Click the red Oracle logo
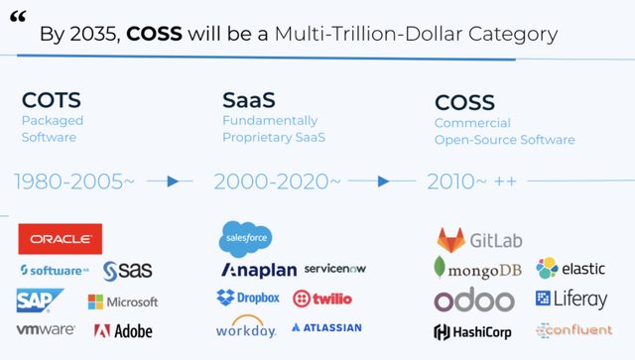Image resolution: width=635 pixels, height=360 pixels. point(60,239)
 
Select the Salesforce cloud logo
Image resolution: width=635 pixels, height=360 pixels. point(245,238)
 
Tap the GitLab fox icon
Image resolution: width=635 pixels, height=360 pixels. point(452,240)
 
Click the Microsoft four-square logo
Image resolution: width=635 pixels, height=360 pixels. point(96,301)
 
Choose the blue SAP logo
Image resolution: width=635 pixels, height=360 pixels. point(40,300)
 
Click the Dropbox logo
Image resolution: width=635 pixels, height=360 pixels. point(248,298)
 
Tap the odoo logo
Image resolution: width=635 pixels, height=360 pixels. point(474,300)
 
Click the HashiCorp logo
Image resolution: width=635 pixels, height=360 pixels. point(472,331)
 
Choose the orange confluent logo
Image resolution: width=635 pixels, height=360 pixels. point(573,330)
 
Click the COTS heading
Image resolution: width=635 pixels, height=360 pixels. point(52,101)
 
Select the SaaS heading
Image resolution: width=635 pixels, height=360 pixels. point(249,101)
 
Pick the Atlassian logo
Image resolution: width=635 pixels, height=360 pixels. point(327,327)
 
